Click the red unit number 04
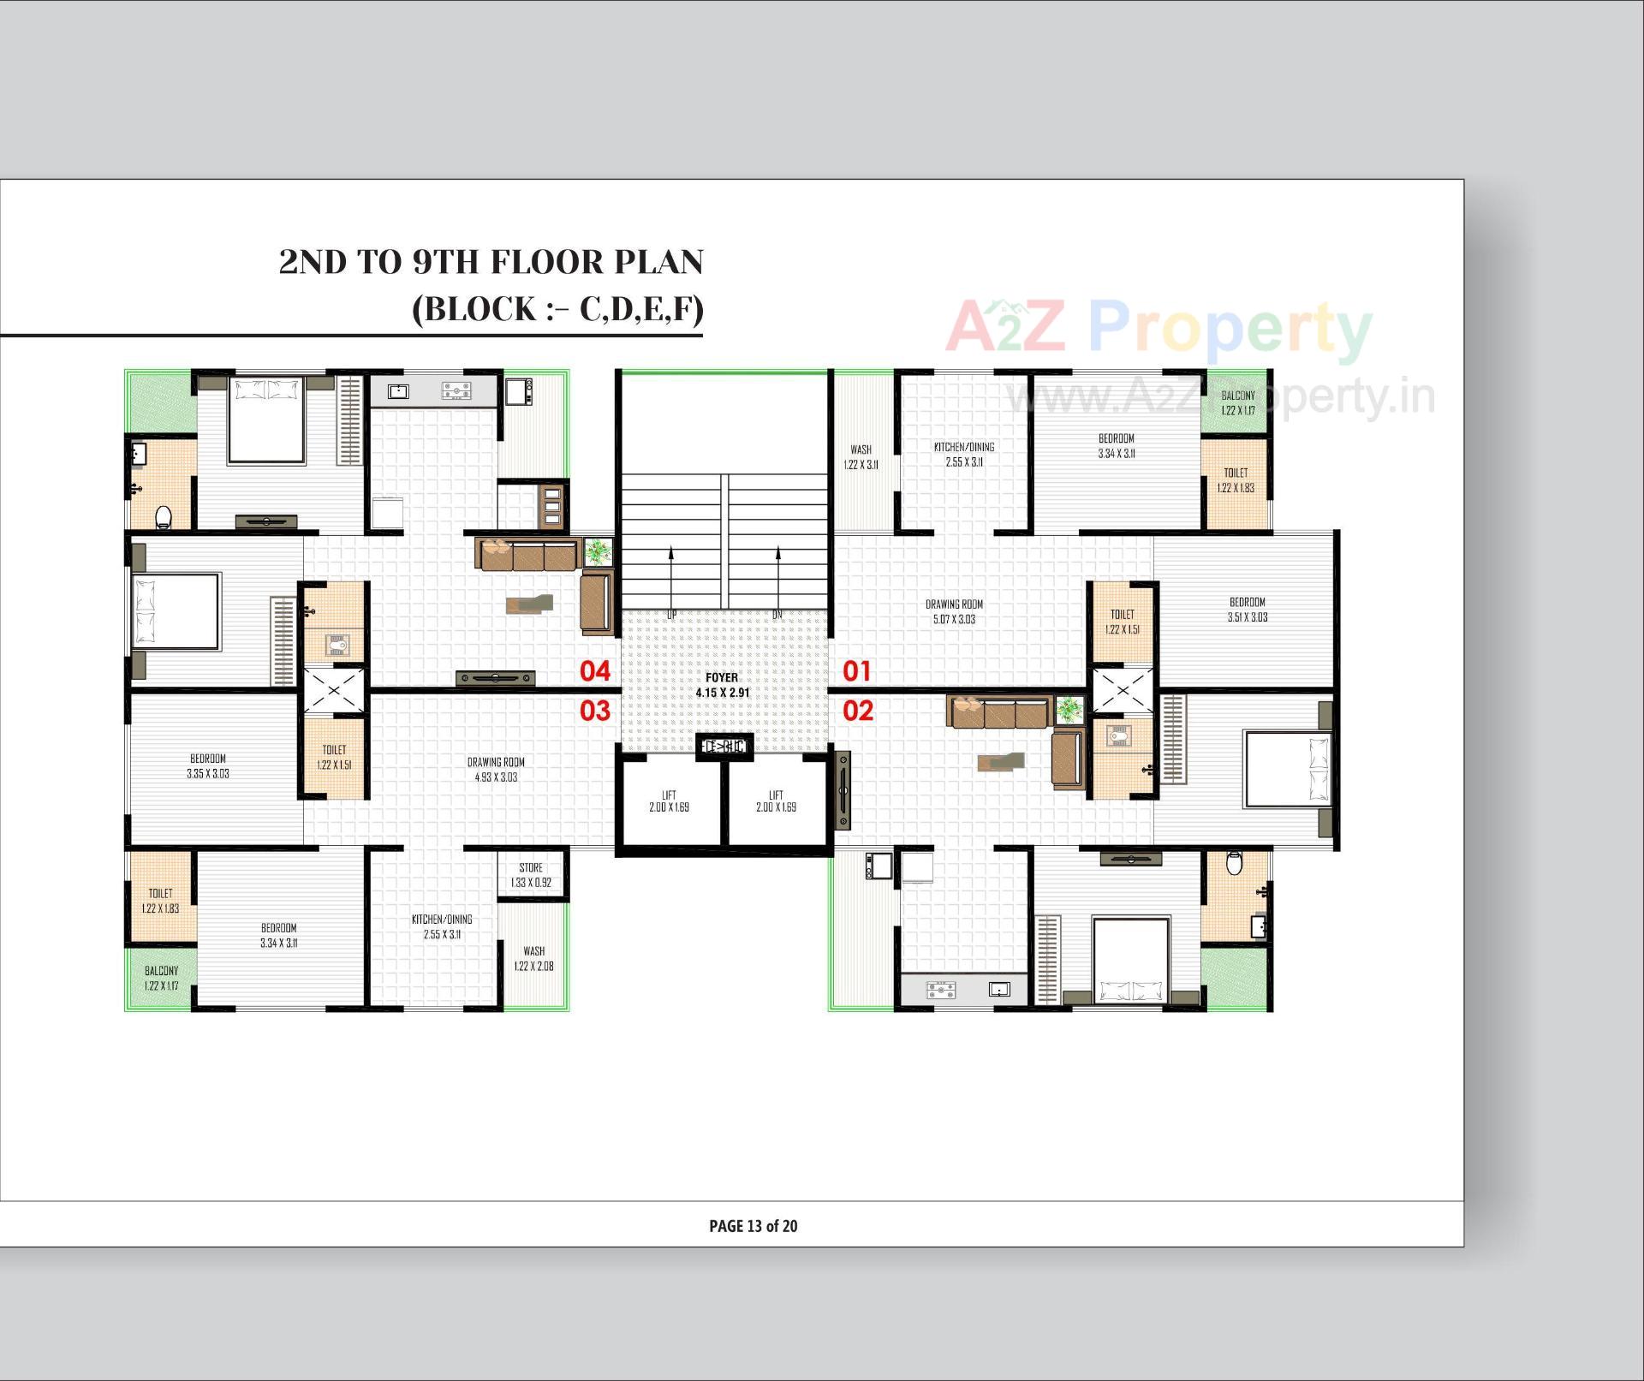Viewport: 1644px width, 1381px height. pyautogui.click(x=595, y=671)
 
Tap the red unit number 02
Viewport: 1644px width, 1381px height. pyautogui.click(x=858, y=711)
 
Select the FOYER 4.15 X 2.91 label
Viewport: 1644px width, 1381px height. pyautogui.click(x=722, y=685)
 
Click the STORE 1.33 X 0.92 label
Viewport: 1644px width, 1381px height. pyautogui.click(x=531, y=875)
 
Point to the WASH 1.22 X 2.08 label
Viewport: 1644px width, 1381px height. pyautogui.click(x=533, y=958)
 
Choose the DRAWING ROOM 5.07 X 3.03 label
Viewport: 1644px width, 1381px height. pyautogui.click(x=954, y=611)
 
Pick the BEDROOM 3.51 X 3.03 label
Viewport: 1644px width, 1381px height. pyautogui.click(x=1247, y=609)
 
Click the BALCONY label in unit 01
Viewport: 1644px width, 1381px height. pyautogui.click(x=1238, y=402)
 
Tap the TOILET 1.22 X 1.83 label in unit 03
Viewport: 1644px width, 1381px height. pyautogui.click(x=161, y=900)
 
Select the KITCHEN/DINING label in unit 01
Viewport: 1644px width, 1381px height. pyautogui.click(x=964, y=454)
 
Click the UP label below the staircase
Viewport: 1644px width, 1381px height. pyautogui.click(x=671, y=615)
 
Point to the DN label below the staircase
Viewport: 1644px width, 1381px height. pyautogui.click(x=777, y=615)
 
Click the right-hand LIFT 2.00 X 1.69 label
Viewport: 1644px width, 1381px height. pyautogui.click(x=776, y=801)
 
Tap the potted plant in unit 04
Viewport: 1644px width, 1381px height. pyautogui.click(x=598, y=551)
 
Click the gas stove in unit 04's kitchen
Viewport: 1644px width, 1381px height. pyautogui.click(x=456, y=391)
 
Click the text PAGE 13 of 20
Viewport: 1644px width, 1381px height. pyautogui.click(x=753, y=1226)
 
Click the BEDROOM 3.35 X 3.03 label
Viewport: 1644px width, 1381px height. pyautogui.click(x=208, y=765)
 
